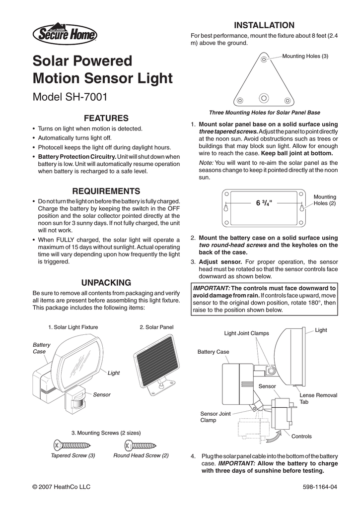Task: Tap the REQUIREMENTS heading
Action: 107,191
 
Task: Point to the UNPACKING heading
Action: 107,282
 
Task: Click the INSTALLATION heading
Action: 264,25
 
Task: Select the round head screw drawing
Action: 141,444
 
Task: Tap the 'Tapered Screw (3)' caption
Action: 73,455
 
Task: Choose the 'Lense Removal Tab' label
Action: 318,398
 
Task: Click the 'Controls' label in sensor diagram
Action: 301,436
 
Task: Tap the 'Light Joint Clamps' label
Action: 246,333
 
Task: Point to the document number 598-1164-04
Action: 319,487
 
